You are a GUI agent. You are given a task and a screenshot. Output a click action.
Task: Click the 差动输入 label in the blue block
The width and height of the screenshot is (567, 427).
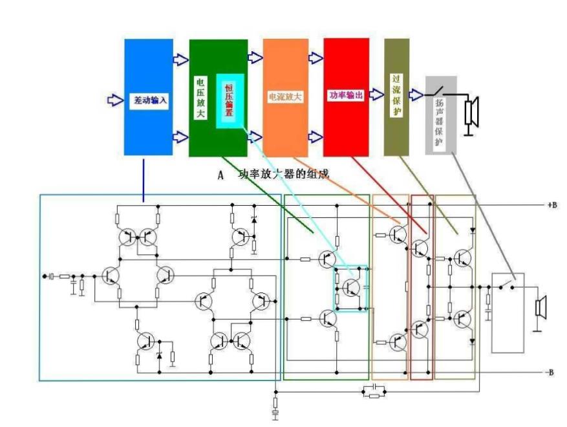pos(149,101)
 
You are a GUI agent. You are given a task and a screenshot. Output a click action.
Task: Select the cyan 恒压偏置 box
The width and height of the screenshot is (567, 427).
pos(230,100)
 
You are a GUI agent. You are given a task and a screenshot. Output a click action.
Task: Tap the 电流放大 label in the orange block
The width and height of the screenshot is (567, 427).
pos(285,96)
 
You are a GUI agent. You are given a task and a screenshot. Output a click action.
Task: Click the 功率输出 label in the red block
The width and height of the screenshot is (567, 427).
pos(346,95)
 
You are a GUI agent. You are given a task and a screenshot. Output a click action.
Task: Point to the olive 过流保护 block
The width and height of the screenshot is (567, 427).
pos(396,97)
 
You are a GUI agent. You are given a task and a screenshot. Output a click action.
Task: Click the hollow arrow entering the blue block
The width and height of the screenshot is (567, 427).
pos(114,100)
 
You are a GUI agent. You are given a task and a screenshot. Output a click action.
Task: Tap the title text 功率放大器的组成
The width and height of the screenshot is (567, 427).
pos(284,174)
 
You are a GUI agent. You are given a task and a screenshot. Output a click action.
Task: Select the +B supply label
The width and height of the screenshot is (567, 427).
pos(551,204)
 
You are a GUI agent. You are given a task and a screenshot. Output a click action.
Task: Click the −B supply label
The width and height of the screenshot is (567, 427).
pos(549,373)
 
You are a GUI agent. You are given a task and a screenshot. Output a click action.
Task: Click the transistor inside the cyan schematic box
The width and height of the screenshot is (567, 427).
pos(351,287)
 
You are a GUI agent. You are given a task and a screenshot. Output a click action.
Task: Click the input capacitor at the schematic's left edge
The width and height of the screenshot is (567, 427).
pos(52,276)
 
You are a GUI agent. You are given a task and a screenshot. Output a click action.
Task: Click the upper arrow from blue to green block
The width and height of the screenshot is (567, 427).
pos(180,60)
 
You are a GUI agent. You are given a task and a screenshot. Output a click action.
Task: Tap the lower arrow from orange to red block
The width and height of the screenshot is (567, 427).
pos(316,137)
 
